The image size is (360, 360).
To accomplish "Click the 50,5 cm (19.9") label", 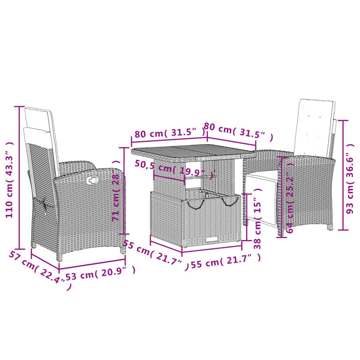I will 170,169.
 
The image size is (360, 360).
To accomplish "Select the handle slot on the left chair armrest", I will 93,180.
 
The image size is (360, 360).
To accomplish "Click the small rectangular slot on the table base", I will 212,239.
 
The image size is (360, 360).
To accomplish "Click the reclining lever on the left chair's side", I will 46,206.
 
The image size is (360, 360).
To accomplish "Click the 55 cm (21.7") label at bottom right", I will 222,263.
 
